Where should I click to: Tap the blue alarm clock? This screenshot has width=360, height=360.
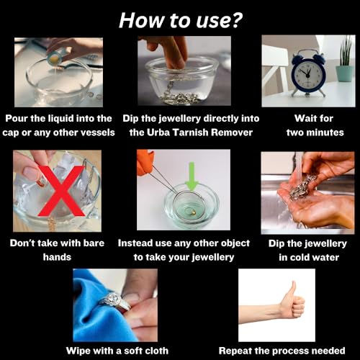308,73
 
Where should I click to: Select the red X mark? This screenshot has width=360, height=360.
61,191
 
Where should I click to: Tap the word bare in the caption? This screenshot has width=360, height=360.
94,243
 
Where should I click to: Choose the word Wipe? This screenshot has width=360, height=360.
78,351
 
